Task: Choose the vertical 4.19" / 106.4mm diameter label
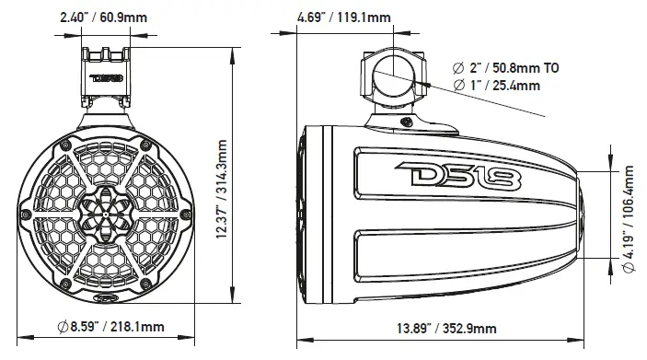coord(631,208)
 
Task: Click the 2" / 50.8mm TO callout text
coord(507,67)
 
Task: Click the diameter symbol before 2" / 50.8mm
coord(459,67)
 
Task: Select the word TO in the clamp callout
coord(549,67)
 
